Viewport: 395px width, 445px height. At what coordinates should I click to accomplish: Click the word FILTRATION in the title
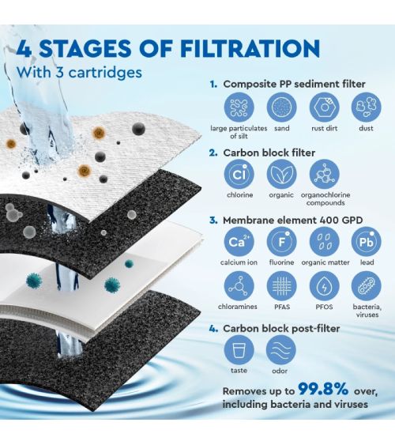point(250,48)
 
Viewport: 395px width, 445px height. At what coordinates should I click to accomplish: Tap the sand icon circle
point(281,107)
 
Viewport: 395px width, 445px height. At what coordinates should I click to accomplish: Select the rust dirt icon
point(324,107)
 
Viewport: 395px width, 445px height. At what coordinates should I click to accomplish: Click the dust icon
point(367,107)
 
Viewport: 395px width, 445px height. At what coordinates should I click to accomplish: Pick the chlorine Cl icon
point(239,174)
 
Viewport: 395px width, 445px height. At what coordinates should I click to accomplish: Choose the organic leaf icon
point(281,174)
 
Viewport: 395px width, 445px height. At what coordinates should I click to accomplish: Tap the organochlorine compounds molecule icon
point(324,174)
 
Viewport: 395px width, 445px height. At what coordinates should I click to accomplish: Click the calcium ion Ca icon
point(239,242)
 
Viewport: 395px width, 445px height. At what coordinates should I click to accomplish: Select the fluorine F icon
point(281,242)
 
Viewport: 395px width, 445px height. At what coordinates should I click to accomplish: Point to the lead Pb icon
point(367,242)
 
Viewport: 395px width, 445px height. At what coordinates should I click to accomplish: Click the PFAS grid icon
point(281,286)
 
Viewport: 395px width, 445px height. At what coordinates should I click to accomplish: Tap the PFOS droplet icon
point(324,286)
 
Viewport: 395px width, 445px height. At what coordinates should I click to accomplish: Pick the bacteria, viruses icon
point(367,286)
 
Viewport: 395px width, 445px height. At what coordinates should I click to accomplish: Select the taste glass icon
point(239,350)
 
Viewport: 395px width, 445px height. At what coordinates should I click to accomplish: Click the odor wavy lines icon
point(280,350)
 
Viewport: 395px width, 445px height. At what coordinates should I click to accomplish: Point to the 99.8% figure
point(323,389)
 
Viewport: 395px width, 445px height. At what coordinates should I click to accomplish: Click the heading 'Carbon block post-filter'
point(281,329)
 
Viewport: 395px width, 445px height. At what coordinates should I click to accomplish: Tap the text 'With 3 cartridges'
point(79,73)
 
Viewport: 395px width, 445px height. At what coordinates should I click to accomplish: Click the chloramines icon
point(239,286)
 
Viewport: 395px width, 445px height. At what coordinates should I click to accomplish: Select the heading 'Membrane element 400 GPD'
point(292,221)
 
